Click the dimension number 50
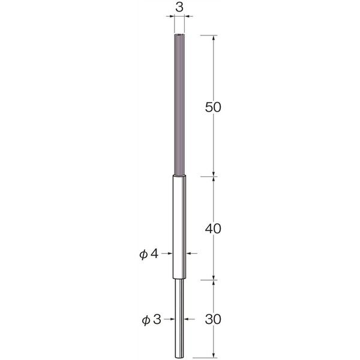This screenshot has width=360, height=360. click(x=213, y=107)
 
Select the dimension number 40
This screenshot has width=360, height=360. click(x=213, y=229)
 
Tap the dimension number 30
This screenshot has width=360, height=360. click(x=213, y=319)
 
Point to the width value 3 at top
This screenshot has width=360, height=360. click(x=179, y=8)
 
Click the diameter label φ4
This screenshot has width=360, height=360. click(x=149, y=254)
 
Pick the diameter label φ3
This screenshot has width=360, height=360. click(x=151, y=320)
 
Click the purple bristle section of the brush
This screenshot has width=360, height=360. click(x=179, y=104)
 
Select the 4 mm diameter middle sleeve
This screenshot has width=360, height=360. click(x=179, y=227)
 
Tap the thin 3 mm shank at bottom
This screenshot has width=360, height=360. click(x=179, y=318)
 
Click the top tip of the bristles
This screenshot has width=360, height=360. click(x=179, y=34)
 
